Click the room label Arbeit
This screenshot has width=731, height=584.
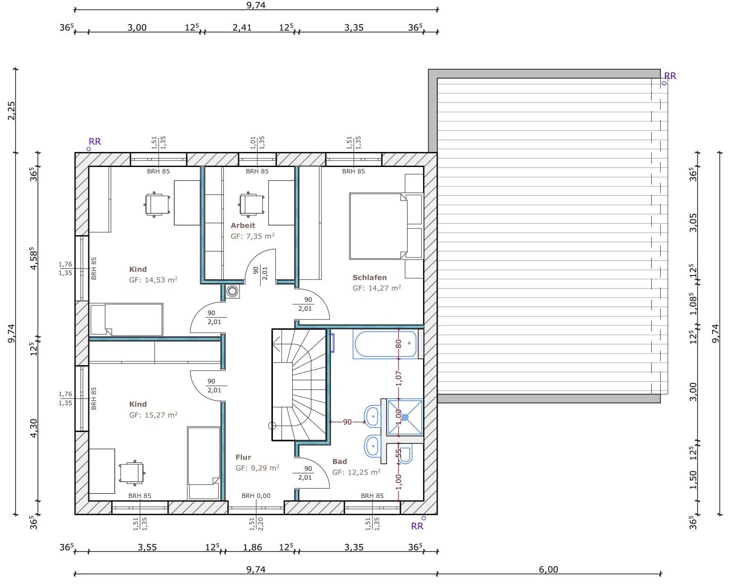tap(243, 225)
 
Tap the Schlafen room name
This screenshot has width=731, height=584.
tap(369, 277)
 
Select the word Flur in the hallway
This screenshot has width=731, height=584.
tap(243, 457)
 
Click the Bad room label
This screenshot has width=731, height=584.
tap(340, 461)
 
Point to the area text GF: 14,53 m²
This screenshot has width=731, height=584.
tap(153, 280)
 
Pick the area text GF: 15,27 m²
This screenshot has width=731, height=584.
tap(153, 415)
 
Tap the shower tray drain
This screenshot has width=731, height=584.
tap(405, 417)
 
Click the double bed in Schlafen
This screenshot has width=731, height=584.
tap(378, 226)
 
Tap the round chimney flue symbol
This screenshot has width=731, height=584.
tap(233, 291)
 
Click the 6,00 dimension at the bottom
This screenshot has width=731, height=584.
tap(549, 569)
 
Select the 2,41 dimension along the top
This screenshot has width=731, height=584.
tap(242, 27)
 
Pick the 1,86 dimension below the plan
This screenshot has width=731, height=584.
tap(252, 547)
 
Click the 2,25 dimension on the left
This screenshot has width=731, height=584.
tap(11, 111)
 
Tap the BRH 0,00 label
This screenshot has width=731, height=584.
tap(256, 496)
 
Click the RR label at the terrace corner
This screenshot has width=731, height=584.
tap(670, 75)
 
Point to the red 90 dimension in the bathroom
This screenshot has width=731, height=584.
tap(347, 422)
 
